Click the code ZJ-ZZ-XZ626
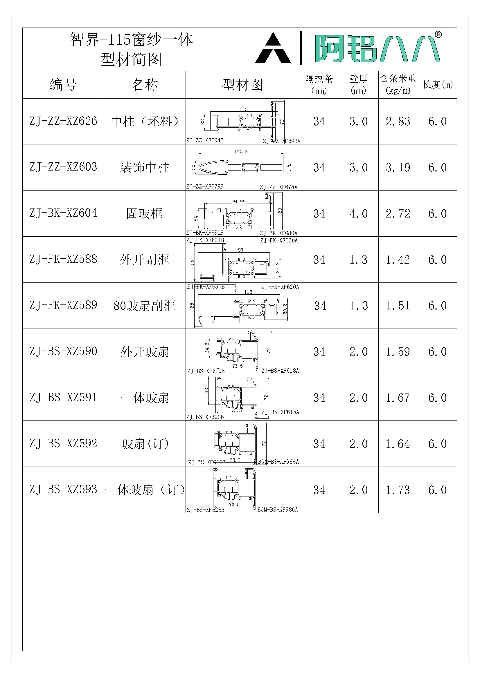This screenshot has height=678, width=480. click(63, 121)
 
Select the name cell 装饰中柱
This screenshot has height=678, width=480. click(144, 167)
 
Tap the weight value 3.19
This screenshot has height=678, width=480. click(398, 167)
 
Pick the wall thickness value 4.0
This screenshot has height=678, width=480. click(358, 213)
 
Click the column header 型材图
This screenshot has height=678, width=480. click(242, 85)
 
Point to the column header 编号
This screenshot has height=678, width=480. click(63, 85)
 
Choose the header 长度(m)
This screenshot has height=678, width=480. click(437, 85)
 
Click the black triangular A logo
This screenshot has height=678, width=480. click(273, 49)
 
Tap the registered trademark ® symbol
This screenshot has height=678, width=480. click(438, 35)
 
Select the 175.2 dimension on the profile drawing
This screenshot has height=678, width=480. click(241, 151)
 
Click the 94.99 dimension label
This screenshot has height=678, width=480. click(239, 202)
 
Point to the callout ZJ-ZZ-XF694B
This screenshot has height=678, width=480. click(205, 141)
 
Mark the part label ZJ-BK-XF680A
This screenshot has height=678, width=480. click(278, 233)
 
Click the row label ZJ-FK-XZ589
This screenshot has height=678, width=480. click(63, 305)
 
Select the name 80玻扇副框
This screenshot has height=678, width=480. click(144, 306)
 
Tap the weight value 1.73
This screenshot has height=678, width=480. click(398, 490)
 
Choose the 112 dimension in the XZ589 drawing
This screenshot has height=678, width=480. click(248, 292)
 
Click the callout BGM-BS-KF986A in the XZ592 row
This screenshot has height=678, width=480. click(278, 462)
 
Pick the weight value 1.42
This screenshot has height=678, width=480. click(398, 260)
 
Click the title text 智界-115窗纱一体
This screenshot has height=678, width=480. click(131, 39)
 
